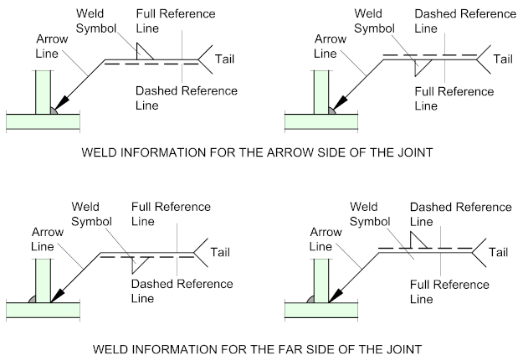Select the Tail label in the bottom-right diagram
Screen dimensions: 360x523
(500, 251)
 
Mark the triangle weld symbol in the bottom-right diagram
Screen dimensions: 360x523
(421, 240)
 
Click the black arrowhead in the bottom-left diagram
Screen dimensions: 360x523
(59, 294)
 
